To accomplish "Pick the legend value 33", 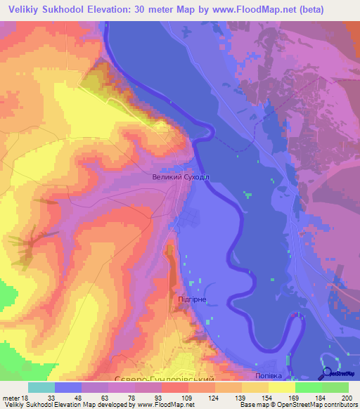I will [51, 397].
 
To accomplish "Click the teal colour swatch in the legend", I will [41, 387].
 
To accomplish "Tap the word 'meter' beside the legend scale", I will [12, 397].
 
